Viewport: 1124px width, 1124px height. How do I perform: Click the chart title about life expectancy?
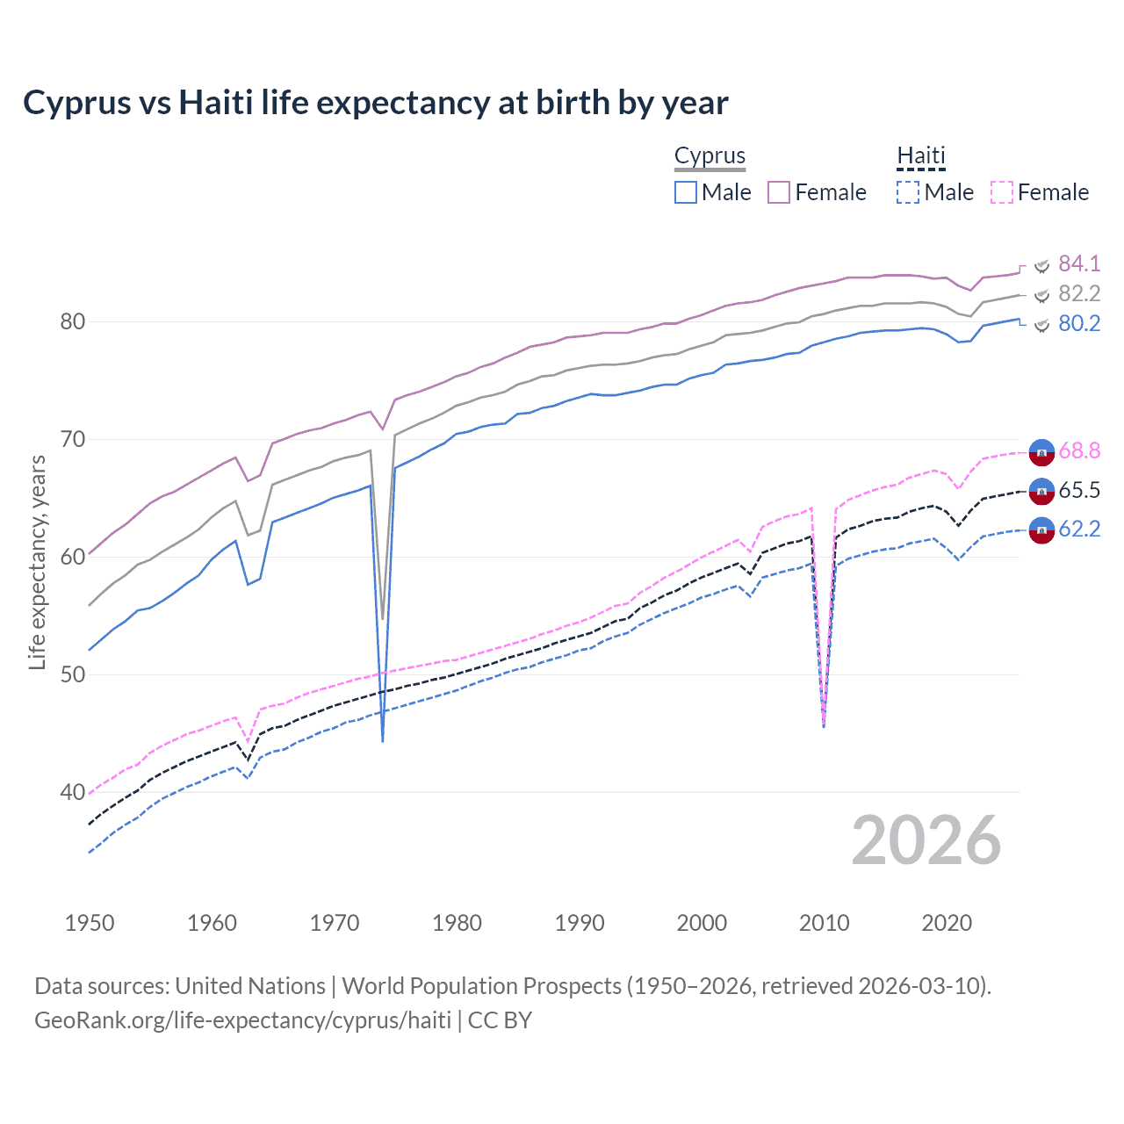click(375, 103)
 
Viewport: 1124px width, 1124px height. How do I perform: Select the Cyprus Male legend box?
click(686, 192)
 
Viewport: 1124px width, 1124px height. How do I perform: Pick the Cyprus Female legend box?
click(779, 192)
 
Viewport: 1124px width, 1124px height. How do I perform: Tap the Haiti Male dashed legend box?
click(908, 192)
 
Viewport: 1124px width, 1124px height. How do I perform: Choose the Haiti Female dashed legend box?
click(1002, 192)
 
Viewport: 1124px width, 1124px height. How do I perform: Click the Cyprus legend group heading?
click(710, 155)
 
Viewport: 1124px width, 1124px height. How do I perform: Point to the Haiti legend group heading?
click(920, 155)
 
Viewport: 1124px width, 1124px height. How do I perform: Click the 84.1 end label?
click(1079, 263)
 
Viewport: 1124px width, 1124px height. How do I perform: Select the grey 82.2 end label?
click(1079, 293)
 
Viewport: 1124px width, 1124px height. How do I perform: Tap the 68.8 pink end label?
click(1079, 450)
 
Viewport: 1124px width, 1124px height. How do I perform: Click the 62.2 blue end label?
click(1079, 529)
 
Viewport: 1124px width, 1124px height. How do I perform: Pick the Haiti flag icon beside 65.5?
click(1041, 491)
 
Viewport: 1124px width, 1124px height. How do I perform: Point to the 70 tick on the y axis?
click(73, 439)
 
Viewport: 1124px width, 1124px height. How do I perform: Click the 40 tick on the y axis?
click(73, 792)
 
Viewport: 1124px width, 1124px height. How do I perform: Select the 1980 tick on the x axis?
click(457, 923)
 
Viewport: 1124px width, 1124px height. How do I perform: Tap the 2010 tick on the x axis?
click(824, 923)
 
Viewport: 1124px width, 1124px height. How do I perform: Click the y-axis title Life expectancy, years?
click(37, 562)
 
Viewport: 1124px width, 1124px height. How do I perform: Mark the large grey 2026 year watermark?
click(926, 840)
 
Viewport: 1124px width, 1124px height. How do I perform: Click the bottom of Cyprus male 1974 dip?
click(383, 740)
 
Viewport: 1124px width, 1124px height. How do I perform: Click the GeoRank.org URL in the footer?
click(242, 1020)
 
